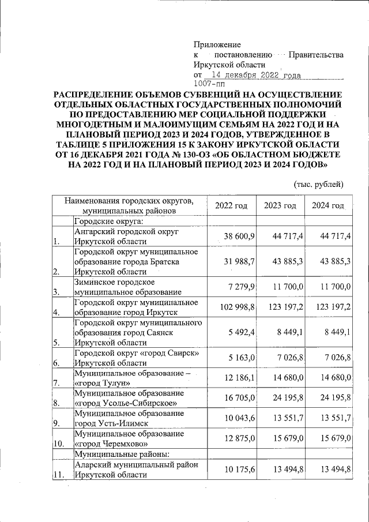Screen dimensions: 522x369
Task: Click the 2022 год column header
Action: (x=231, y=206)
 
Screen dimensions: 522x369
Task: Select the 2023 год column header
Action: (x=280, y=206)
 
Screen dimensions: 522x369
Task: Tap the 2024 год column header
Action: (x=328, y=206)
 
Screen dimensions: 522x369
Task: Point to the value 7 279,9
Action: (x=242, y=286)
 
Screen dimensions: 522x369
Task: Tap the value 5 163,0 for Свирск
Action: (x=242, y=358)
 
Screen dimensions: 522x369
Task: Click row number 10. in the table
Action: (x=59, y=444)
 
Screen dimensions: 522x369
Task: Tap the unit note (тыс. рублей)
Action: (x=318, y=185)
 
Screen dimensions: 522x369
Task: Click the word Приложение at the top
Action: (x=217, y=44)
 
